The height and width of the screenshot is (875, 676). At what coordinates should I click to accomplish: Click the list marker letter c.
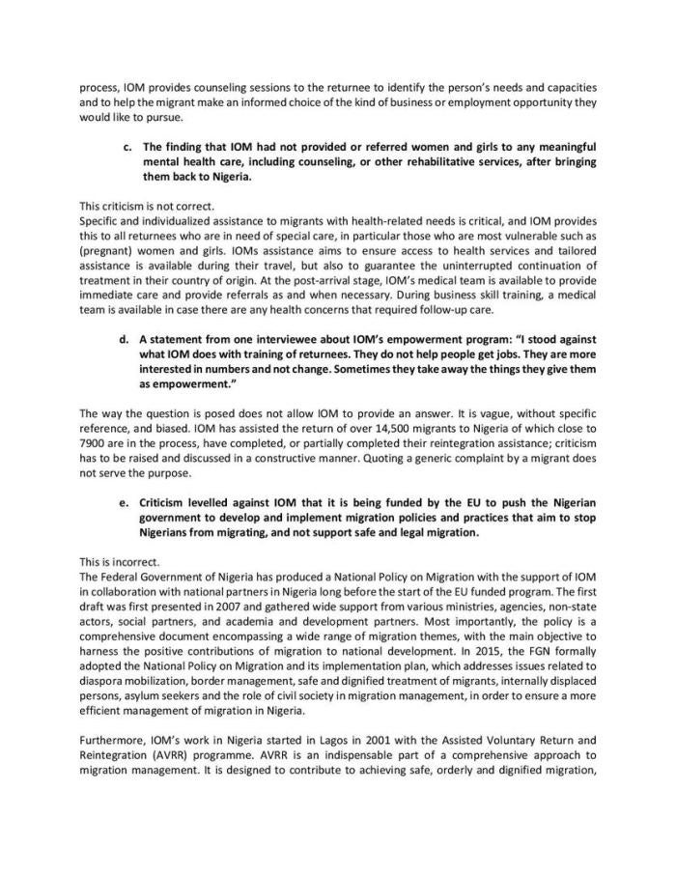click(127, 147)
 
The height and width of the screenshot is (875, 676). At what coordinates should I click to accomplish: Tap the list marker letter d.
click(127, 340)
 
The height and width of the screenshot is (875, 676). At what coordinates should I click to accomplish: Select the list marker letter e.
click(127, 504)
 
